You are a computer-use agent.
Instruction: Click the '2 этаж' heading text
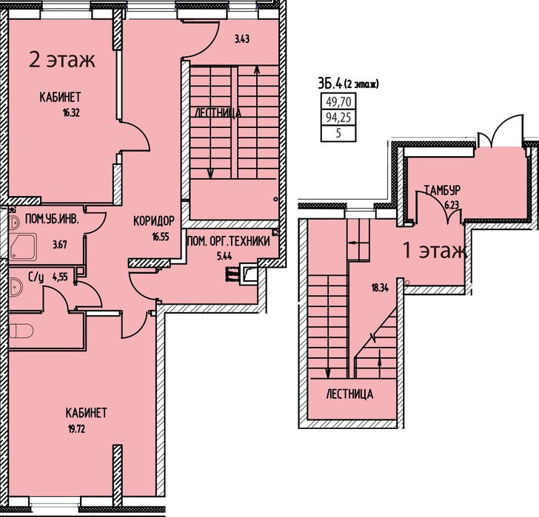62,60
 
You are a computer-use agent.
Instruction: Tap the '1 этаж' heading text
435,251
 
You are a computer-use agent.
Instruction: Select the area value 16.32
71,113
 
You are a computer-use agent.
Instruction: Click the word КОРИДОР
154,220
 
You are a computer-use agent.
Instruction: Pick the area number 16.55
161,237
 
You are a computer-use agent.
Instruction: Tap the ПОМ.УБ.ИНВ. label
53,219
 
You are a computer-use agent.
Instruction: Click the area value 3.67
60,245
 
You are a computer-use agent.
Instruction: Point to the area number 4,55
60,276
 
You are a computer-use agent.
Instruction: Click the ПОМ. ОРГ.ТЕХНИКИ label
228,241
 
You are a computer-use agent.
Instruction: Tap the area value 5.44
224,256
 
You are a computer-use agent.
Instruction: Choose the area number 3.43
242,39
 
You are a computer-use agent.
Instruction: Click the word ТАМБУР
442,190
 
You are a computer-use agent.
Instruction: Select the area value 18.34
380,288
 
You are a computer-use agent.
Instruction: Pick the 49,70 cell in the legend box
338,101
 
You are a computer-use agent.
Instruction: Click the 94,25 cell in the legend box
338,118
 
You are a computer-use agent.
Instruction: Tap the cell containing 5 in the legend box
338,134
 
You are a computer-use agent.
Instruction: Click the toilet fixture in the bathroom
21,331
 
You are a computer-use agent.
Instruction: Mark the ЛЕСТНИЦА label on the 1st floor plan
349,394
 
